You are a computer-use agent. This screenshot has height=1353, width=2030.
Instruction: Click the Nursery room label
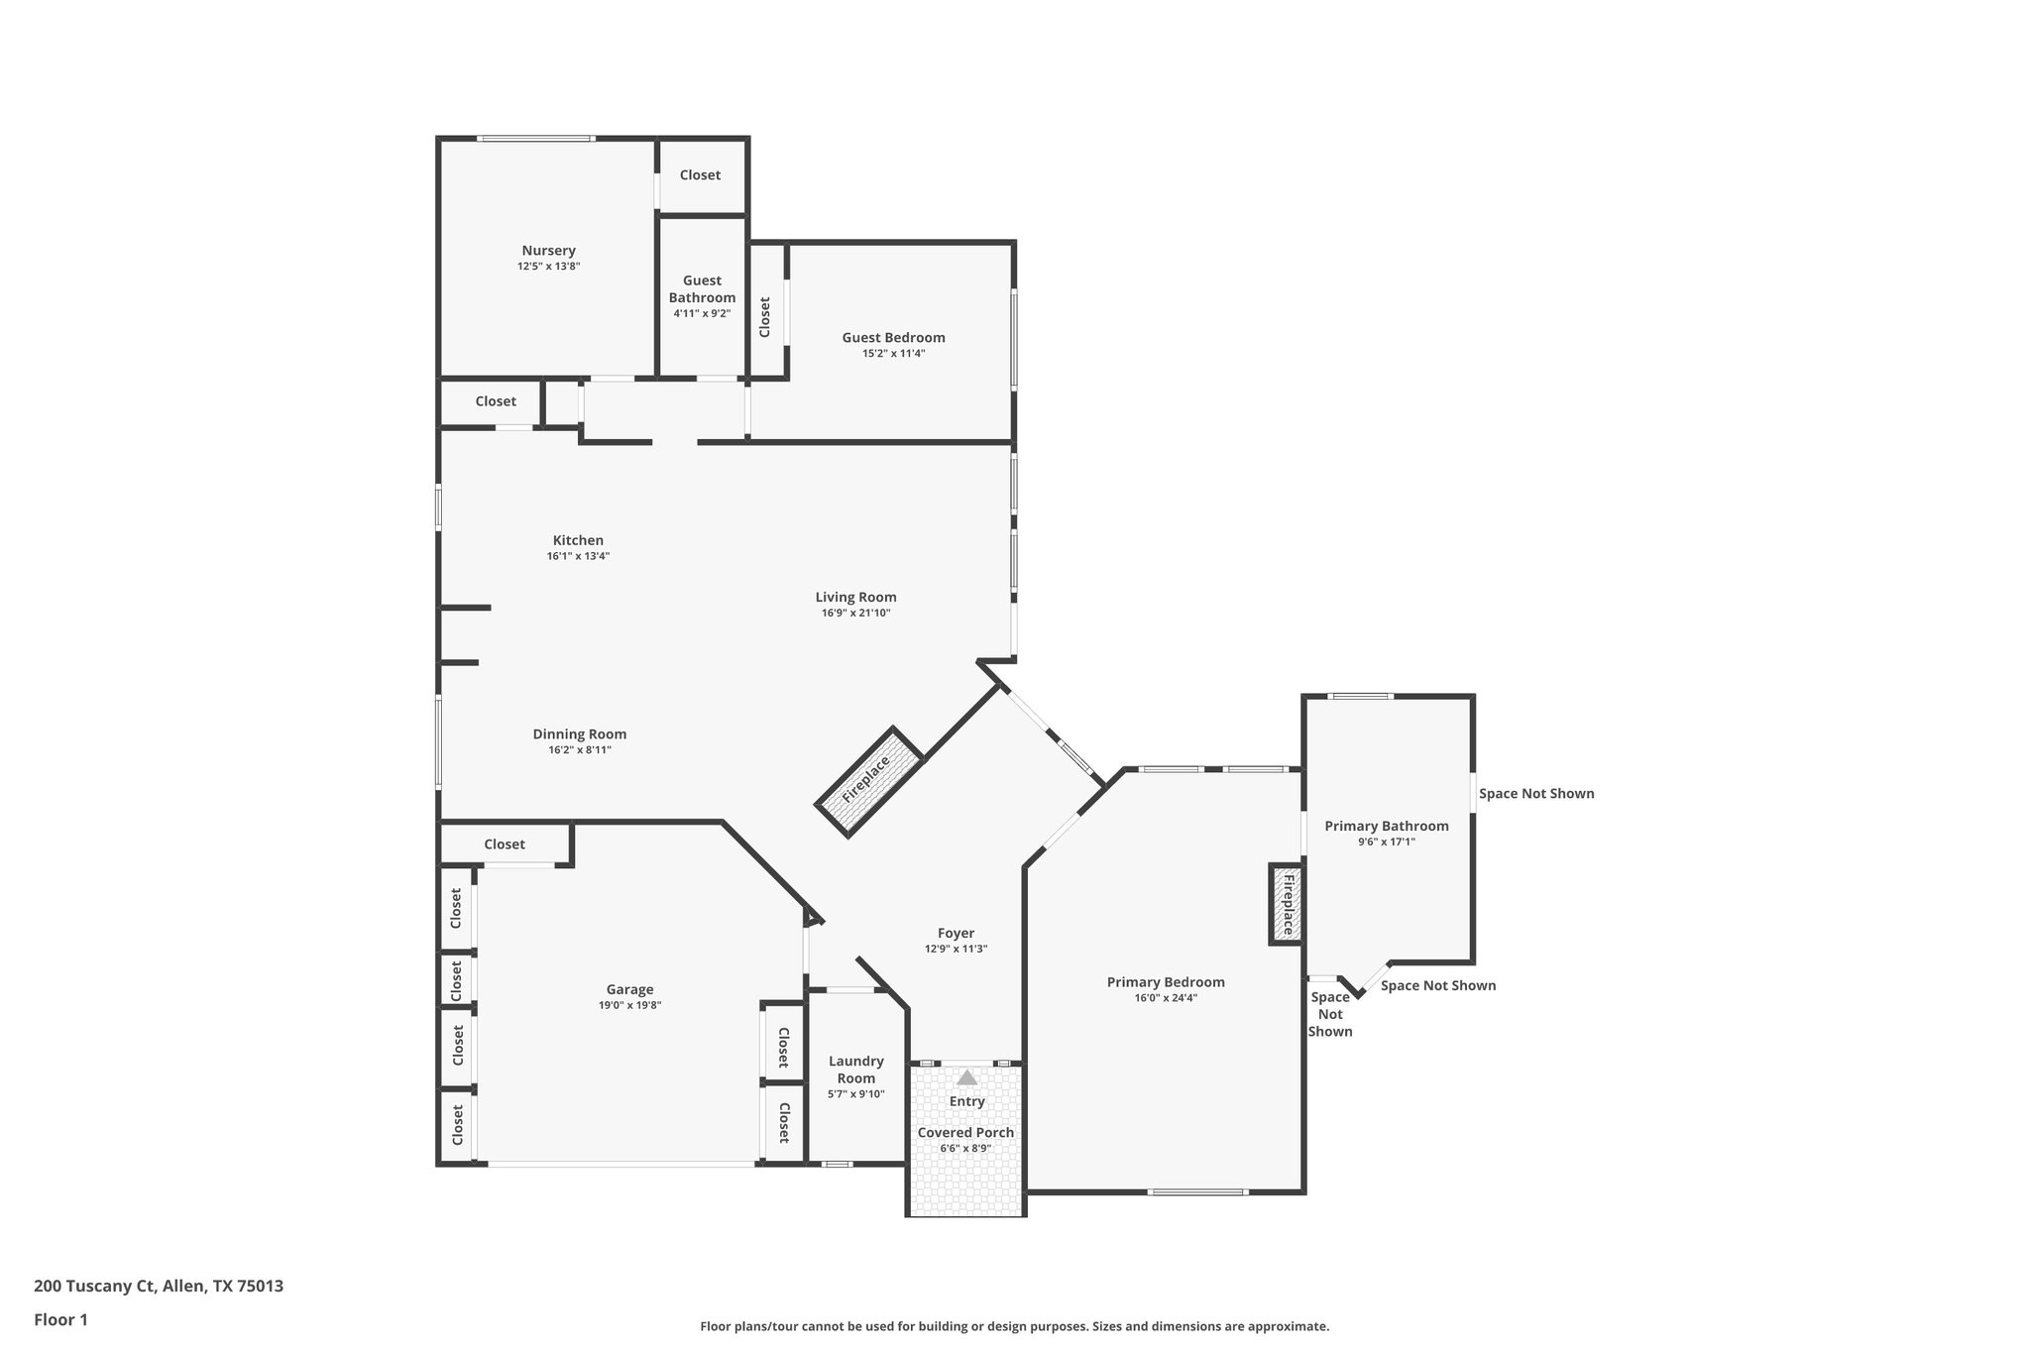click(x=548, y=251)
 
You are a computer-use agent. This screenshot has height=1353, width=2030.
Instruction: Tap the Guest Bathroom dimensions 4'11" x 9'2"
click(x=702, y=314)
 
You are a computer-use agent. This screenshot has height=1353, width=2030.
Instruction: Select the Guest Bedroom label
click(x=893, y=338)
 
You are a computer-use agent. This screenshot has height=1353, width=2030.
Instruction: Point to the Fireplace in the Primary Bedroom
click(x=1287, y=904)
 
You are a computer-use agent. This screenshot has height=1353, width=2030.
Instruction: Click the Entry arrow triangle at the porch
click(x=966, y=1077)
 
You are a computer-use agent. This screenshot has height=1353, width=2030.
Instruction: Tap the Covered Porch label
click(x=965, y=1133)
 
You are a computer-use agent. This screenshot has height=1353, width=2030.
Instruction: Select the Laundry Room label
click(x=855, y=1070)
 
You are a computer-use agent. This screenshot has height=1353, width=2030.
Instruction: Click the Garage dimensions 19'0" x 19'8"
click(x=629, y=1005)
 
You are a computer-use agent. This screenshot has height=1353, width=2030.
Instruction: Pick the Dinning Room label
click(x=580, y=734)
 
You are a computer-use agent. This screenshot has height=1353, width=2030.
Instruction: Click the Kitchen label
click(x=578, y=540)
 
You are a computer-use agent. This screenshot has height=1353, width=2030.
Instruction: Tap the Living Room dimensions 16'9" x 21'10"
click(x=855, y=614)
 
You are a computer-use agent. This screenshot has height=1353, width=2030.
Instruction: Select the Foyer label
click(x=956, y=933)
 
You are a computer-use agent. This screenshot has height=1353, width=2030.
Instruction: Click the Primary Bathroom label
click(x=1386, y=826)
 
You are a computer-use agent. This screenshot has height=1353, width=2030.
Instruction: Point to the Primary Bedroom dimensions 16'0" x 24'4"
click(x=1166, y=998)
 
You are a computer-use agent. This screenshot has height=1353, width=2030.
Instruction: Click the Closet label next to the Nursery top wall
click(x=700, y=174)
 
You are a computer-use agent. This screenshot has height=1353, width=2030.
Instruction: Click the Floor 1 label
click(x=60, y=1319)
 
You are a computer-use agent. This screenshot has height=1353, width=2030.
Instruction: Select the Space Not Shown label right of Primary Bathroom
click(x=1535, y=793)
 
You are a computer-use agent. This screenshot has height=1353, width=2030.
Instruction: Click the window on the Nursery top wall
click(x=535, y=139)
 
